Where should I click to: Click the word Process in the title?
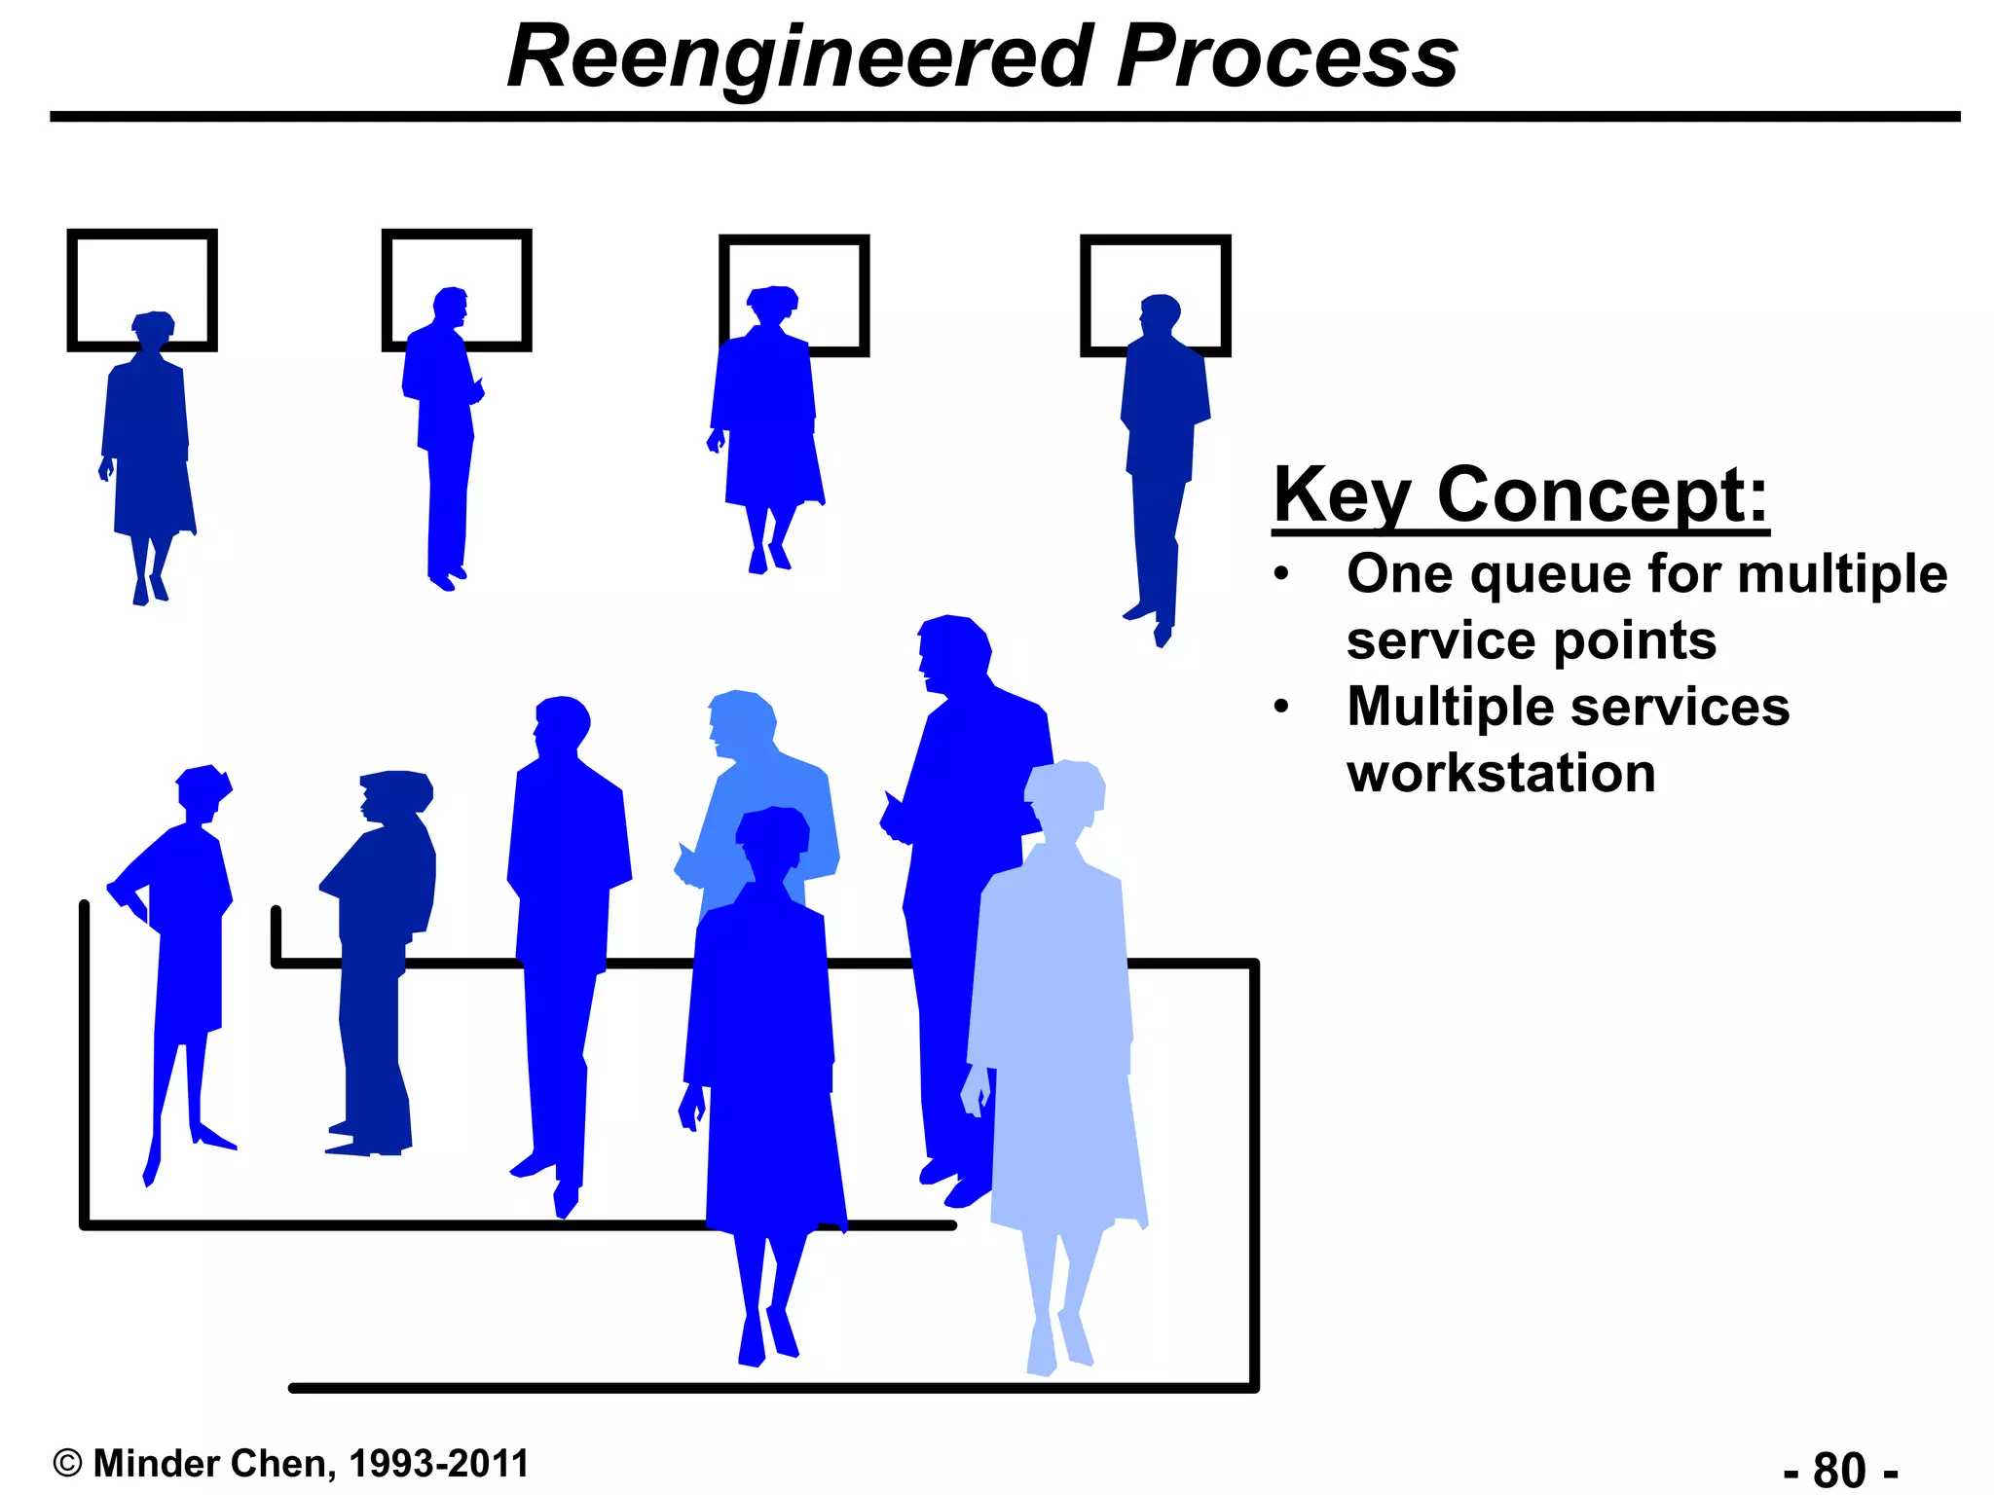pyautogui.click(x=1287, y=58)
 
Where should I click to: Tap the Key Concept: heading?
pyautogui.click(x=1520, y=496)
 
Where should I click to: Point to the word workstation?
pyautogui.click(x=1501, y=774)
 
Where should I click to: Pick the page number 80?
pyautogui.click(x=1839, y=1470)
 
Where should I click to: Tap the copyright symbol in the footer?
pyautogui.click(x=67, y=1464)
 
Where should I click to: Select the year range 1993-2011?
pyautogui.click(x=438, y=1464)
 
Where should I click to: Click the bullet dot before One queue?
pyautogui.click(x=1281, y=574)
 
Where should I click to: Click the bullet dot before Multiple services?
pyautogui.click(x=1281, y=707)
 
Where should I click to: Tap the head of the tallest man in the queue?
pyautogui.click(x=952, y=650)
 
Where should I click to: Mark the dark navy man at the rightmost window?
pyautogui.click(x=1162, y=448)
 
